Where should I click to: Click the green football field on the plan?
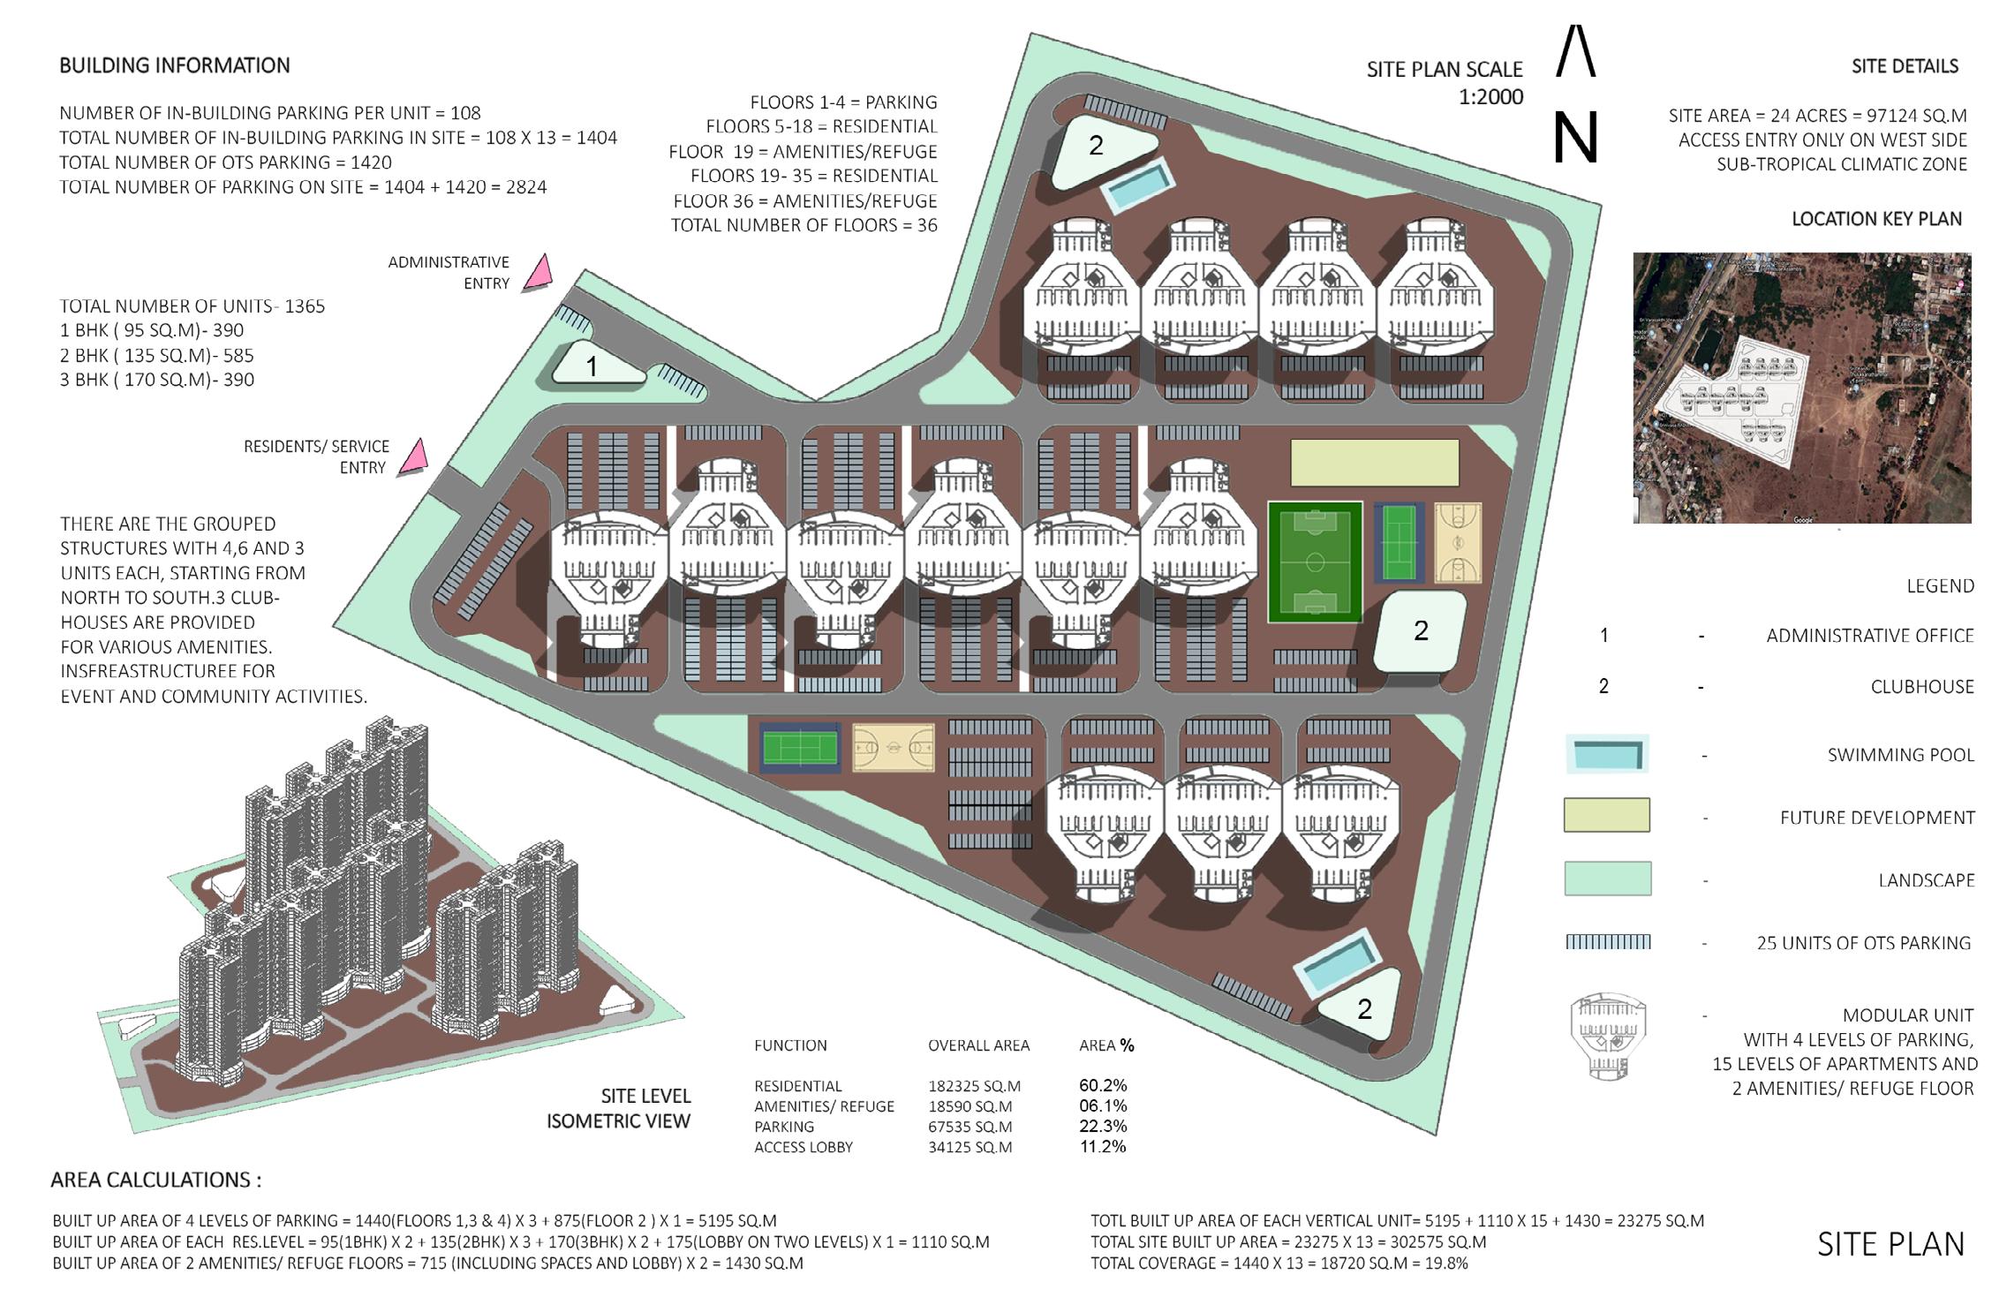tap(1315, 562)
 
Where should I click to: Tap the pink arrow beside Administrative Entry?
tap(538, 273)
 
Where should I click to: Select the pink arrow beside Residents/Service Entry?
tap(413, 457)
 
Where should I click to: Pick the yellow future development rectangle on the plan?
tap(1374, 463)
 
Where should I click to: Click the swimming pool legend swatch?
tap(1606, 754)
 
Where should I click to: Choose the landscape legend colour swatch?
tap(1607, 879)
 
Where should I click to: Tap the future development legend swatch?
tap(1606, 815)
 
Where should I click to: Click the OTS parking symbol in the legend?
tap(1607, 942)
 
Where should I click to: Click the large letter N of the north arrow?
tap(1575, 138)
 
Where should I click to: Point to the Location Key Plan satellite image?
tap(1801, 388)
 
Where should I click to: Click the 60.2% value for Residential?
tap(1103, 1085)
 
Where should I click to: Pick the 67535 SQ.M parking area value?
tap(970, 1127)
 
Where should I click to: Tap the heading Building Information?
tap(175, 65)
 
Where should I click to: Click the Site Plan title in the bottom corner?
tap(1890, 1244)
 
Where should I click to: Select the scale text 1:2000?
tap(1490, 96)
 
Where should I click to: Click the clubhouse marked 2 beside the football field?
tap(1420, 631)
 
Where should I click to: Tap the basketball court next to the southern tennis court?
tap(894, 749)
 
